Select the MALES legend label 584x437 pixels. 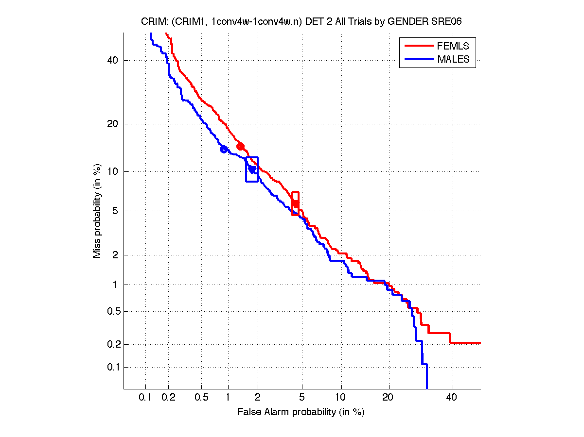click(x=453, y=59)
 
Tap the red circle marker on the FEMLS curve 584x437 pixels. click(x=240, y=147)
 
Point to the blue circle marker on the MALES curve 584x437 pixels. click(x=224, y=149)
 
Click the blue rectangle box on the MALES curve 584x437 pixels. click(x=252, y=169)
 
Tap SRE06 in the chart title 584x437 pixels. click(x=444, y=21)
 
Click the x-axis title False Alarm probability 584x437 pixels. click(x=301, y=412)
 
